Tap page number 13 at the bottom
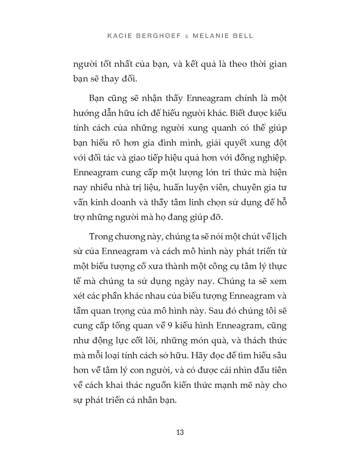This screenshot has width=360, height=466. click(180, 432)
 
